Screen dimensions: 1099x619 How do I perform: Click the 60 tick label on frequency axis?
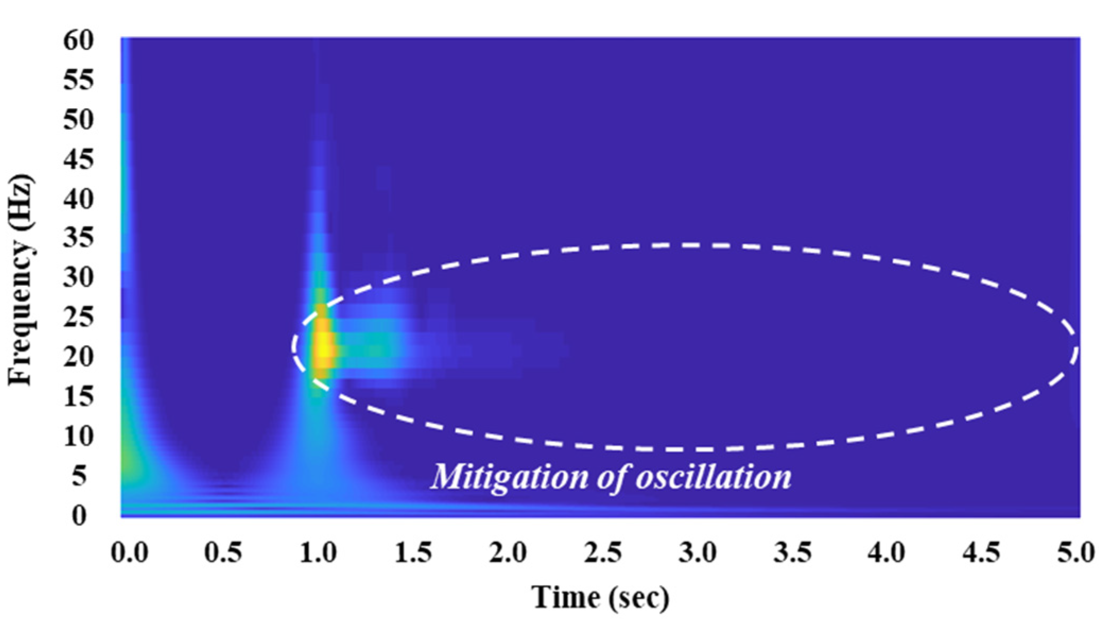(x=79, y=40)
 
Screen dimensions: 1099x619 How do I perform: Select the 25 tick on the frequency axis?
(x=79, y=317)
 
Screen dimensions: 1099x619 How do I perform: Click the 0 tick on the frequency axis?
(x=79, y=515)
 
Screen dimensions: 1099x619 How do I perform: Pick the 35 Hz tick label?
(x=79, y=238)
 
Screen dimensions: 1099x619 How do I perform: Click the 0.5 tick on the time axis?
(x=223, y=553)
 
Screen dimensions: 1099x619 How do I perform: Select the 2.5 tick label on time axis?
(x=603, y=553)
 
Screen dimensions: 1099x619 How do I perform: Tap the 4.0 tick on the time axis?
(x=886, y=553)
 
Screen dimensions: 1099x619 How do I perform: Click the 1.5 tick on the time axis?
(x=413, y=553)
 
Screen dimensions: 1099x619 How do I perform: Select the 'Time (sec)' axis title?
(x=601, y=597)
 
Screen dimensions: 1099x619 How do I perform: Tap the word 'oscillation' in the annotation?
(x=714, y=476)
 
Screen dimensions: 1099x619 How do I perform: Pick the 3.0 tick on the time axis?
(x=697, y=553)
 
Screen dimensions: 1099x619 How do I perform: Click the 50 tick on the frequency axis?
(x=79, y=119)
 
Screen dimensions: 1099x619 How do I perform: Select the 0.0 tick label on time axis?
(x=129, y=553)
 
